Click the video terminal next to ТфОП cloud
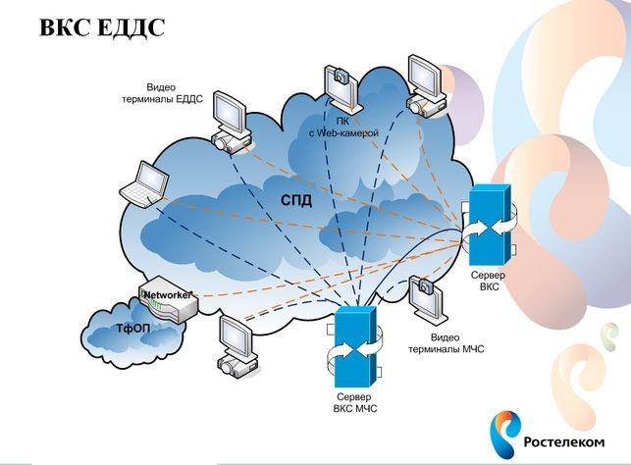237,346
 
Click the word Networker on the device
166,295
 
